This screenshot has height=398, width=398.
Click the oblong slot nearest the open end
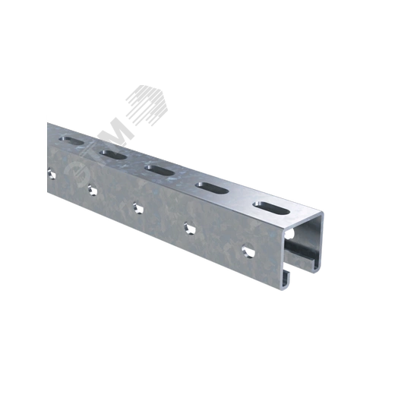click(x=272, y=208)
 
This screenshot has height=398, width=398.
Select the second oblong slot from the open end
click(x=212, y=188)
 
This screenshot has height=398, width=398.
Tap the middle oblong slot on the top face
click(x=160, y=171)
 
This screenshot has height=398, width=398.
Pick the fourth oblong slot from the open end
click(x=113, y=155)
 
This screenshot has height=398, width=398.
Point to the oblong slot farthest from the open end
click(x=71, y=141)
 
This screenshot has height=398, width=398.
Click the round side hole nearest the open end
click(x=248, y=251)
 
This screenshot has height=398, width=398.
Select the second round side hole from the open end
click(x=190, y=228)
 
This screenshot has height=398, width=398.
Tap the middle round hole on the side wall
click(x=138, y=207)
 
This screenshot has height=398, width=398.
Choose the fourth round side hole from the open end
click(x=93, y=190)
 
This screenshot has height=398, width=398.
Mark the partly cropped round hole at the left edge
click(x=52, y=175)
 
